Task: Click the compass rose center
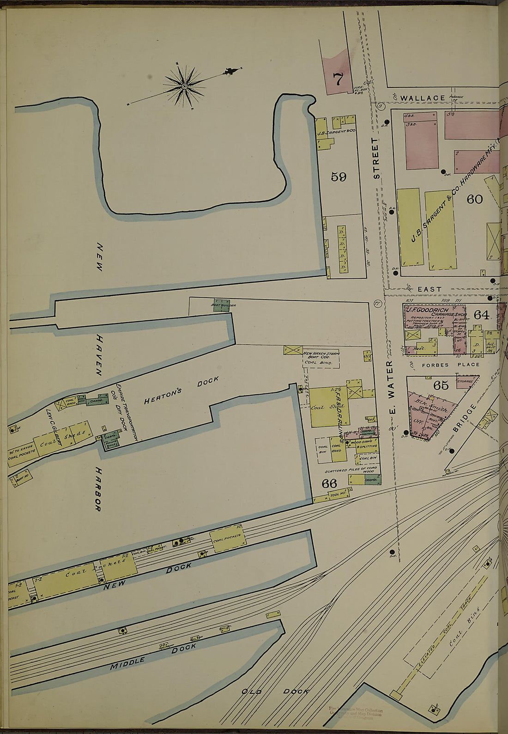[x=184, y=86]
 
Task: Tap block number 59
[x=339, y=177]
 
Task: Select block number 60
[x=474, y=199]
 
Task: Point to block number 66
[x=329, y=483]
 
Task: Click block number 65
[x=441, y=385]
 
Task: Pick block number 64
[x=481, y=315]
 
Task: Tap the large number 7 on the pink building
[x=338, y=80]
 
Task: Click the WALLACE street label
[x=423, y=98]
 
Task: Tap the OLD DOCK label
[x=276, y=691]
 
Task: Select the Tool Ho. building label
[x=338, y=494]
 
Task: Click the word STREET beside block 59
[x=376, y=158]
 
